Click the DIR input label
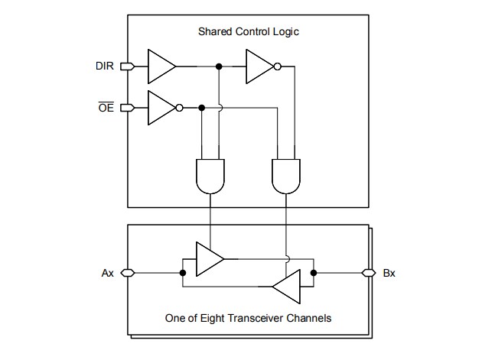pos(105,67)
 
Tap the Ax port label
pos(107,273)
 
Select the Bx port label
pos(389,273)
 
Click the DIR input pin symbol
pos(126,67)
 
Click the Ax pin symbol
pos(126,272)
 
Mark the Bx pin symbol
pos(368,272)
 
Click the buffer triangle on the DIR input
pos(160,67)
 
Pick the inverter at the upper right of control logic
pos(259,67)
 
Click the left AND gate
pos(210,177)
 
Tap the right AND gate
pos(285,177)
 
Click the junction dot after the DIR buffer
pos(220,67)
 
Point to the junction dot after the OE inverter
pos(201,107)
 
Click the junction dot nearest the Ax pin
pos(183,272)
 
